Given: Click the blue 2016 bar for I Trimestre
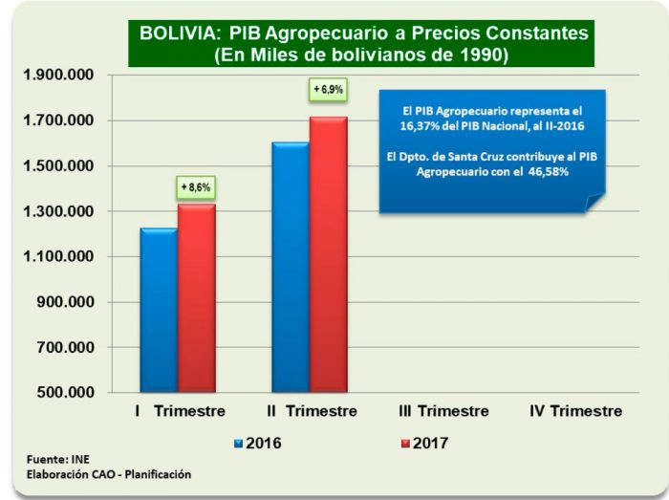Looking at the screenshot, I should pos(159,310).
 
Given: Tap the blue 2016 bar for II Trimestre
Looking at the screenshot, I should pos(291,267).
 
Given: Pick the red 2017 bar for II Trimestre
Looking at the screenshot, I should pos(329,254).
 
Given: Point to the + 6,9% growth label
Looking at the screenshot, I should pos(328,90).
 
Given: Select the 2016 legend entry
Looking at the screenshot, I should pos(258,444).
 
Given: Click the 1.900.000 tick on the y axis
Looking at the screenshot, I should pos(60,76).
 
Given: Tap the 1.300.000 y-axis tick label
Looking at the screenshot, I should pos(60,211).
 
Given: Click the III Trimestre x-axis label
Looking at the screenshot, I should pos(442,411).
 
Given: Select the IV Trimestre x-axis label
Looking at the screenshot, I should pos(575,411).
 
